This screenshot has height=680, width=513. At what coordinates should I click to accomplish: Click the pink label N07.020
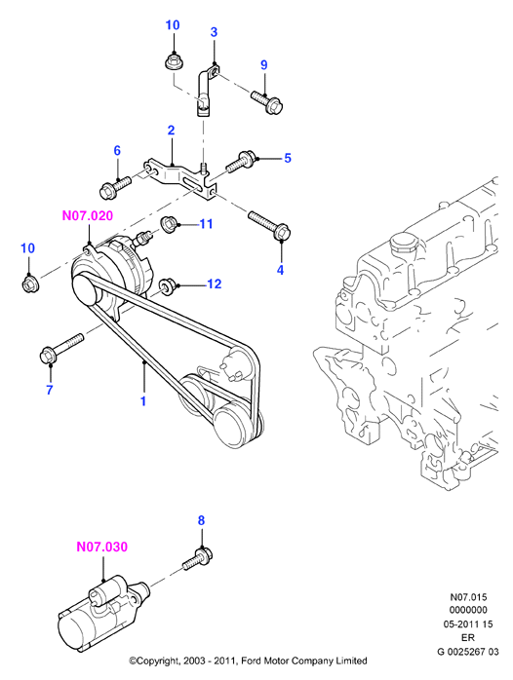88,215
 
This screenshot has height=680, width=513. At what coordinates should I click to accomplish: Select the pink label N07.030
102,547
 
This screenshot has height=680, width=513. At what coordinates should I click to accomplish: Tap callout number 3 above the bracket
214,31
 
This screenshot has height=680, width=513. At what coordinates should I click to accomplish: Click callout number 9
264,64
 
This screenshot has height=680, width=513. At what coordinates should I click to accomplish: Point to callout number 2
171,131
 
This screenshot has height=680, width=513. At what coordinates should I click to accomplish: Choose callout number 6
117,150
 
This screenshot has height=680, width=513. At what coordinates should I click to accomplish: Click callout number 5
288,158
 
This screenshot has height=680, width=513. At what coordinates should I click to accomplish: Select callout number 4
280,270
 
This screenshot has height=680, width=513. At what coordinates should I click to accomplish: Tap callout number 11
206,224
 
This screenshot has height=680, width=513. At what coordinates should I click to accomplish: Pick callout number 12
215,283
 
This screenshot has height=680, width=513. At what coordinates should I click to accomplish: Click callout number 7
49,390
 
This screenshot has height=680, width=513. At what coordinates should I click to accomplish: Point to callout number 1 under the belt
143,401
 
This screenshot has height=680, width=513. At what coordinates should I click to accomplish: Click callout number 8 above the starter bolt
201,520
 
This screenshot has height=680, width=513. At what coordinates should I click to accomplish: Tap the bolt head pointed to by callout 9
275,106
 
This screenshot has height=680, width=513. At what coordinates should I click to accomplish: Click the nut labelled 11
169,225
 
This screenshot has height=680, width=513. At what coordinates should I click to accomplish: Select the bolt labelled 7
61,349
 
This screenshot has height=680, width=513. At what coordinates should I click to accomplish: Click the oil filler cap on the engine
402,245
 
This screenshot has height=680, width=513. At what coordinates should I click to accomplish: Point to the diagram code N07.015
468,597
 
